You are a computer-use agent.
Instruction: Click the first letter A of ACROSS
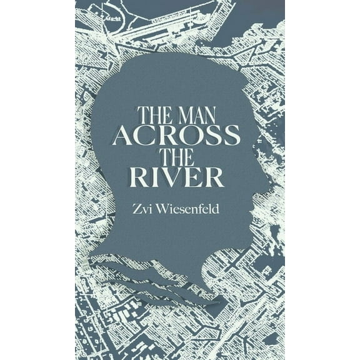click(123, 136)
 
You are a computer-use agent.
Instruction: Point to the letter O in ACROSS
click(188, 136)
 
